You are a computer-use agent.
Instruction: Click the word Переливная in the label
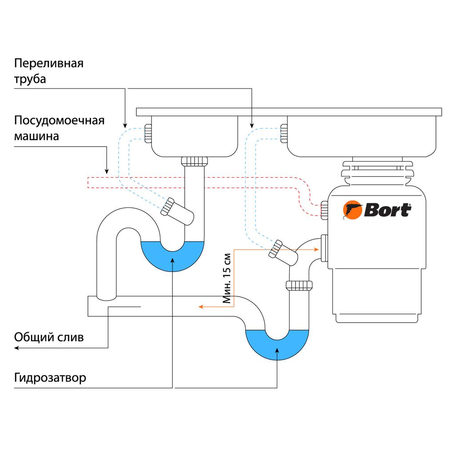pos(49,63)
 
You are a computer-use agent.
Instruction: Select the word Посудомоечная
pos(59,121)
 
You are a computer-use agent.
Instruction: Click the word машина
pos(36,136)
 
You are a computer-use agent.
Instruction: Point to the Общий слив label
pos(49,337)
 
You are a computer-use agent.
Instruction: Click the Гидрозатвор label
pos(50,378)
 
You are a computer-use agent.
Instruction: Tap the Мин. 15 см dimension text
pos(227,279)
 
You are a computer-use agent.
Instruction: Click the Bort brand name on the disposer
pos(387,210)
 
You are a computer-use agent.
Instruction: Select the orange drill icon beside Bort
pos(353,210)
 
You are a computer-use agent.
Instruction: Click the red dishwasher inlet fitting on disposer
pos(324,209)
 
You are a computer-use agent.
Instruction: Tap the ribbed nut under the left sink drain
pos(196,161)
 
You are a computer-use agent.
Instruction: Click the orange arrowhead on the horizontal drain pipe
pos(201,307)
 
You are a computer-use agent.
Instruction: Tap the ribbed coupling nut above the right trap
pos(299,285)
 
